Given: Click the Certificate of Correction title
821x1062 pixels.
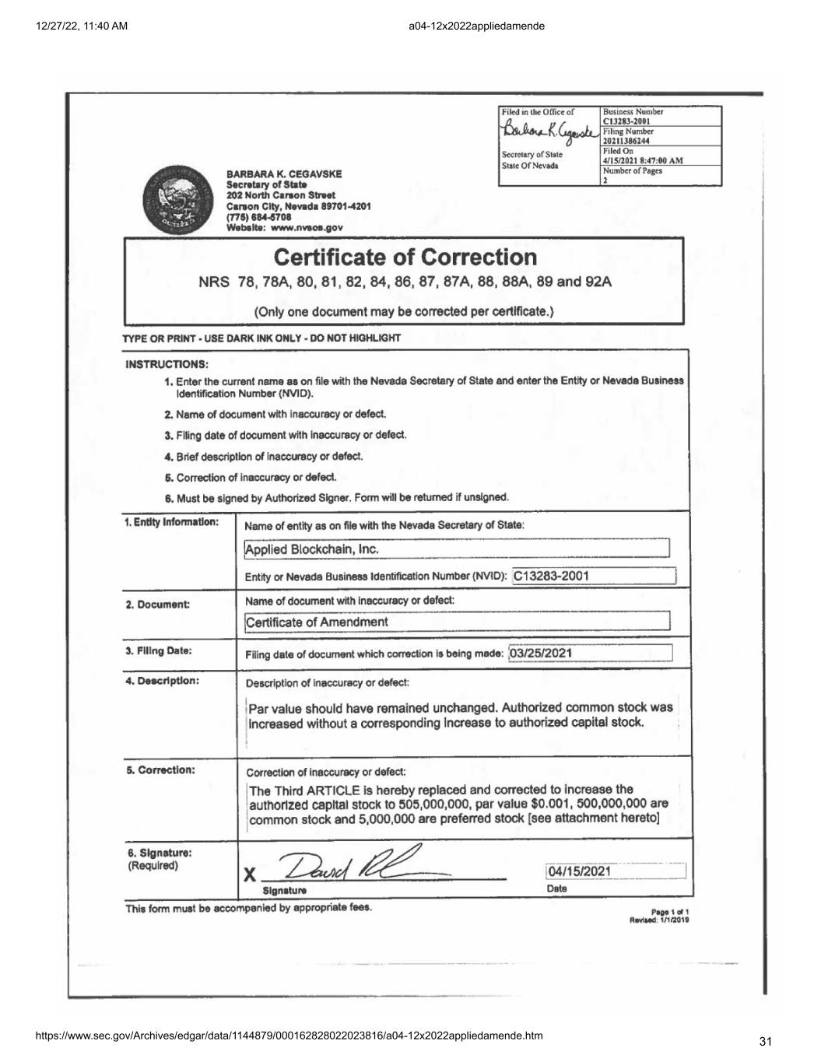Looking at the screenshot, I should click(x=405, y=257).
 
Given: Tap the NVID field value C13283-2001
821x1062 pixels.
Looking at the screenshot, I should click(x=551, y=576).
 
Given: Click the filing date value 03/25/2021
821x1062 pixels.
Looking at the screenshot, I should click(x=540, y=653).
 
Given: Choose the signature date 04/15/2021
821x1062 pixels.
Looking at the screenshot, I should click(x=579, y=871).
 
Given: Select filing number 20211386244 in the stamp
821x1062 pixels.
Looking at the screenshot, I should click(x=626, y=141).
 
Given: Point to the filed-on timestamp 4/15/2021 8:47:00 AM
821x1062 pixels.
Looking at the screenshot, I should click(x=643, y=160).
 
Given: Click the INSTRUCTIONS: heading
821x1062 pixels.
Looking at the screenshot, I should click(x=167, y=364).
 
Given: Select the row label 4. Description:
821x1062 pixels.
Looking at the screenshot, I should click(x=163, y=681).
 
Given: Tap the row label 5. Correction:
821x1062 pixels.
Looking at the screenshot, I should click(x=160, y=770).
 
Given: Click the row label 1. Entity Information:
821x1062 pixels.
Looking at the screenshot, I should click(x=171, y=522).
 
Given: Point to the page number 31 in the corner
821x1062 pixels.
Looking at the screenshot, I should click(x=764, y=1042).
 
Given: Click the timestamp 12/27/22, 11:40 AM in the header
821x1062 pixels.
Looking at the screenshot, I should click(x=82, y=26).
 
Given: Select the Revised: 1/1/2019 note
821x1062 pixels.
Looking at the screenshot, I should click(x=659, y=920).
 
